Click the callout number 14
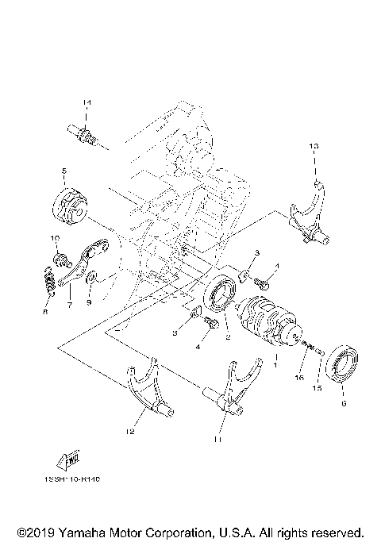pos(87,104)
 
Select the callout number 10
pos(56,239)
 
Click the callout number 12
pos(129,432)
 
